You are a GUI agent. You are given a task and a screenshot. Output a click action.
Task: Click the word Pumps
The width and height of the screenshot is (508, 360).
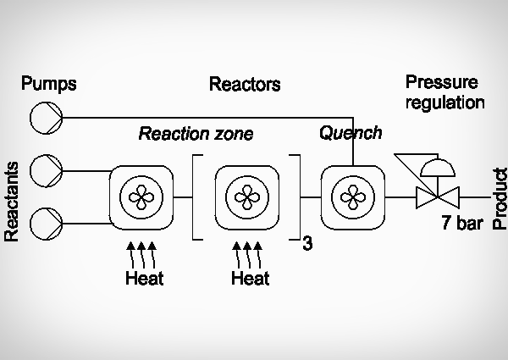coord(49,84)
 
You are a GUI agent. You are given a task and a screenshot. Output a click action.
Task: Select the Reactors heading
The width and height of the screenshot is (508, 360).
coord(245,85)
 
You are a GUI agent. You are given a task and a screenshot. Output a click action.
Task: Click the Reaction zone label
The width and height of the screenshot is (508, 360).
coord(196,134)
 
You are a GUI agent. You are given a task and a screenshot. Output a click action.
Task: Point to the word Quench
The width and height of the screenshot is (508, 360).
coord(351,133)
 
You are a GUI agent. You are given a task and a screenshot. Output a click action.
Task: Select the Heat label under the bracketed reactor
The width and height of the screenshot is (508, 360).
coord(250,277)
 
